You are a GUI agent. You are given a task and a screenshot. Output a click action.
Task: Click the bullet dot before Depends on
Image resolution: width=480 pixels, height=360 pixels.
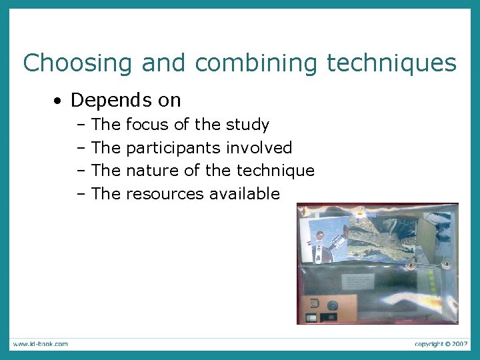[59, 101]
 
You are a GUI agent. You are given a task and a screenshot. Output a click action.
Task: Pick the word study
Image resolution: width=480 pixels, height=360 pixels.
[247, 125]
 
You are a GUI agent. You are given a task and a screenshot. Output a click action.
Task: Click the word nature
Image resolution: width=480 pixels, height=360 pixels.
[152, 171]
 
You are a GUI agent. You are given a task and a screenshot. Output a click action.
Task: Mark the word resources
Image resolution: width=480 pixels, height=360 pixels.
[165, 194]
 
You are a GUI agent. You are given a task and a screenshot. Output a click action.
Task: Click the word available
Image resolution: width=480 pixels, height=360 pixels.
[244, 194]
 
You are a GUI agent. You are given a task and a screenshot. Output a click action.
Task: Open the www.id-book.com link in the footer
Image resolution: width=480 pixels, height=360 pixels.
[39, 344]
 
